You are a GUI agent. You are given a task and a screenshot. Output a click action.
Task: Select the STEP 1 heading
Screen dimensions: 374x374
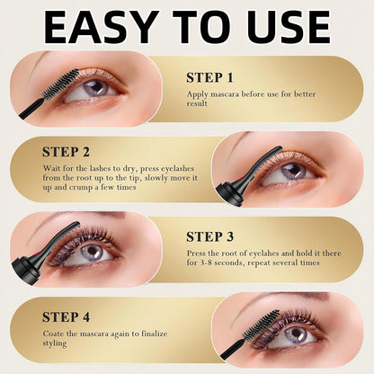point(209,78)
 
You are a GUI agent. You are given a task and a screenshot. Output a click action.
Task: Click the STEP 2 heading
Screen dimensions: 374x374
point(66,152)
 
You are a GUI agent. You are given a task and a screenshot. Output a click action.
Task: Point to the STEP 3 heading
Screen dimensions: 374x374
point(209,236)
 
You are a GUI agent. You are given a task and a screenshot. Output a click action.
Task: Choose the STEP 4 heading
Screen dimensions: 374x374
point(66,317)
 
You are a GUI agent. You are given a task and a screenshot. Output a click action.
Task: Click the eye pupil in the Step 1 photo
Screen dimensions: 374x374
point(96,87)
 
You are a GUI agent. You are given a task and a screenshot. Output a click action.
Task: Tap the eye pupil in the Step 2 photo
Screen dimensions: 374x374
point(294,171)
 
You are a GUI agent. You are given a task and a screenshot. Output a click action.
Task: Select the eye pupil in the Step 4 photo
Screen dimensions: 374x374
point(297,333)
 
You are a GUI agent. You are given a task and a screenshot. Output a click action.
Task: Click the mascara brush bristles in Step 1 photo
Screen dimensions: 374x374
point(60,85)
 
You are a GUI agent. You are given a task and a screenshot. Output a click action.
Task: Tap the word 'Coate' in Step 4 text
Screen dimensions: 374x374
point(53,334)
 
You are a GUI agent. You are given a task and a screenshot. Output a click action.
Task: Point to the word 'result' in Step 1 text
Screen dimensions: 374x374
point(197,103)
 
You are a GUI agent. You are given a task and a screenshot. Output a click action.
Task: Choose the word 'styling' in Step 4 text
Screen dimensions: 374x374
point(55,343)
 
